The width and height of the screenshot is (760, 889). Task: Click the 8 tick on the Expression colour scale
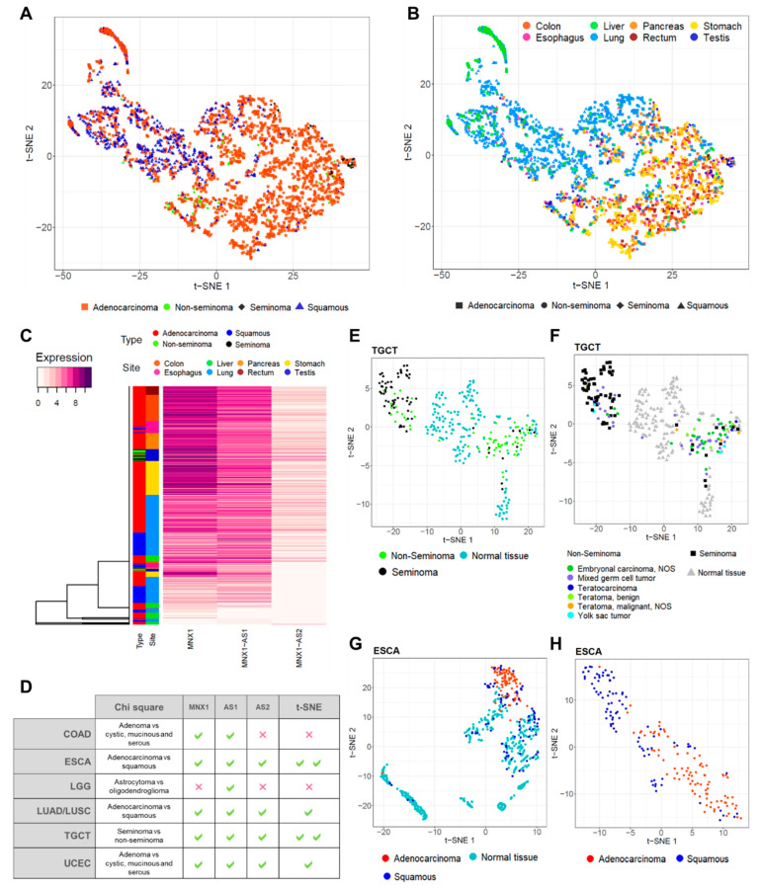tap(82, 374)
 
